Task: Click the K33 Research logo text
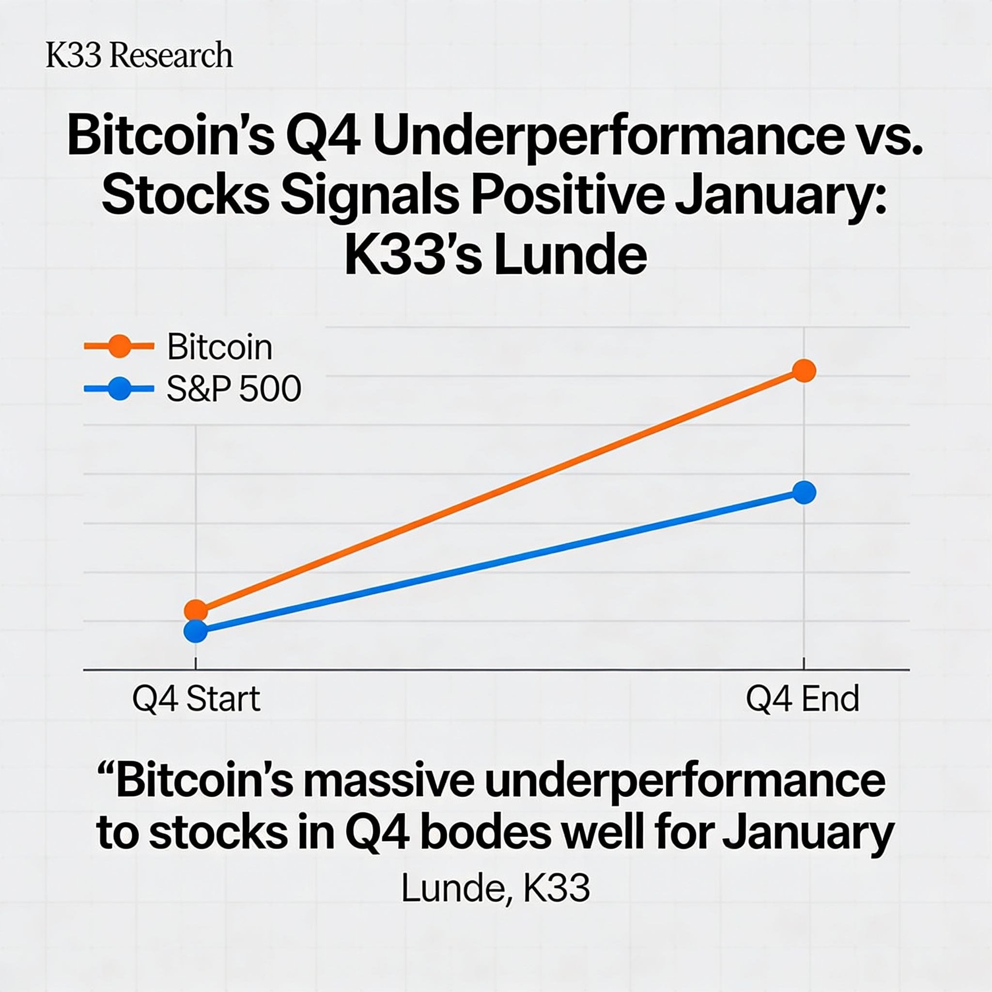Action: point(139,55)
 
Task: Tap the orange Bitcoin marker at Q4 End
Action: point(804,370)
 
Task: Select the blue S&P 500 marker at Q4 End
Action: point(804,493)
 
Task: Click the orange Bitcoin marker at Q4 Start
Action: point(196,610)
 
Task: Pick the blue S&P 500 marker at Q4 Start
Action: point(196,631)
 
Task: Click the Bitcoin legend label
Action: point(220,348)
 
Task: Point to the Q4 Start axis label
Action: point(196,699)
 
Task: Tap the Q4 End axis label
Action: point(803,699)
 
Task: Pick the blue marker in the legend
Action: point(119,388)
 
